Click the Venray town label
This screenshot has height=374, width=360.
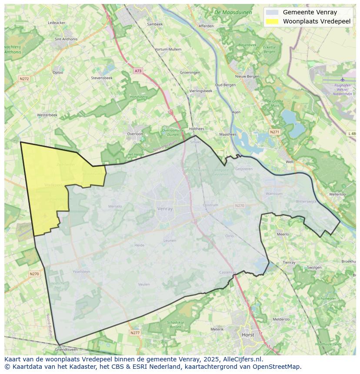click(165, 209)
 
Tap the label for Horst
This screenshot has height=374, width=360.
click(248, 335)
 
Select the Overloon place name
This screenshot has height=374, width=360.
click(135, 134)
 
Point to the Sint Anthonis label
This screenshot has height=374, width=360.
click(66, 39)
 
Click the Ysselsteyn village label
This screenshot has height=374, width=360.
click(81, 271)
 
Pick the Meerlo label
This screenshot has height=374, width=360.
click(283, 234)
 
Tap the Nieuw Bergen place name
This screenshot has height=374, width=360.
click(247, 76)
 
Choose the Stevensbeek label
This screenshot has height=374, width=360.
click(102, 78)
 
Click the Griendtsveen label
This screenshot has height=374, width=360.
click(66, 349)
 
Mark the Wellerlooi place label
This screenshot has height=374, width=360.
click(337, 194)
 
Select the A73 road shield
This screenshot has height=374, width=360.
click(138, 71)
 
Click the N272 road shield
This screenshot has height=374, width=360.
click(24, 79)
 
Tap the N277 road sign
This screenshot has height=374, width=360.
click(135, 333)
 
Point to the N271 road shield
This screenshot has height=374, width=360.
click(274, 132)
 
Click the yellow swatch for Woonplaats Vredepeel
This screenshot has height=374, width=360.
click(272, 21)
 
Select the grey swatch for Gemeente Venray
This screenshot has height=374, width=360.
click(272, 12)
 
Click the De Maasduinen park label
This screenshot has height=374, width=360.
click(233, 13)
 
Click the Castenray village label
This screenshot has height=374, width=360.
click(227, 272)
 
